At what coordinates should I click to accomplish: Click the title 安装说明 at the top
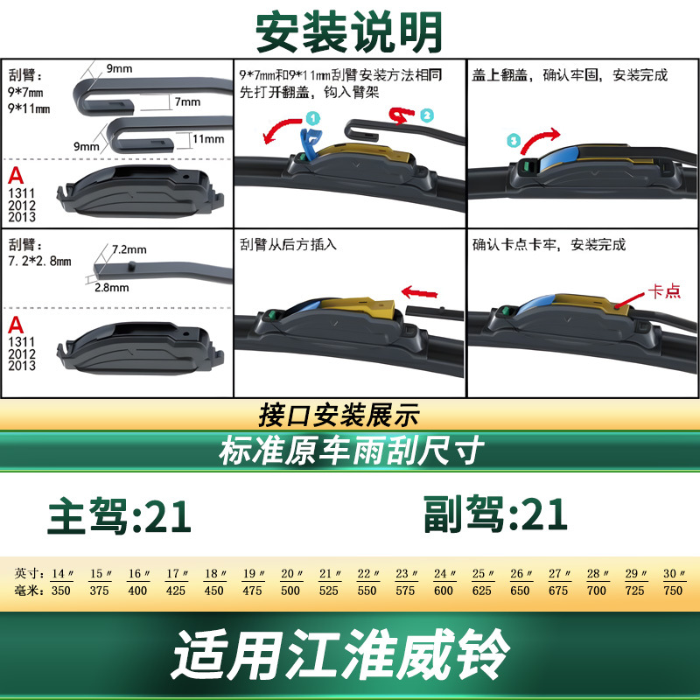348,32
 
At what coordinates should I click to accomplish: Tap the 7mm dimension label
187,101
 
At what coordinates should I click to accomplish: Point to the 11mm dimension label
208,139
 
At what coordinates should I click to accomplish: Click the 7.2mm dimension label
129,249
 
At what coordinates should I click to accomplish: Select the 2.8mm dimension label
112,287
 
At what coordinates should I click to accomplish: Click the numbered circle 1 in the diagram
313,118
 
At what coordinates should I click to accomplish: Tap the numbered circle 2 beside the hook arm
427,115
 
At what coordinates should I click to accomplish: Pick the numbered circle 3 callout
514,140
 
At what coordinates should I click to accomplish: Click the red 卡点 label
664,291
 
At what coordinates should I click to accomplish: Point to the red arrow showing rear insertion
419,292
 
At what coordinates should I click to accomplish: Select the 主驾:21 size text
120,515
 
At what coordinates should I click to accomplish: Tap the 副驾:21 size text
495,514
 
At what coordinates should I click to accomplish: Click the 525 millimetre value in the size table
328,591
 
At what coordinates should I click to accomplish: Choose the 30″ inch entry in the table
674,574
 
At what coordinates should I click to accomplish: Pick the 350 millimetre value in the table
60,591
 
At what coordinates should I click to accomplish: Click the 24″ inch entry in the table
444,574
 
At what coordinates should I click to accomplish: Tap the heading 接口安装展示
339,415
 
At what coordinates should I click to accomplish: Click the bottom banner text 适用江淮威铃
340,654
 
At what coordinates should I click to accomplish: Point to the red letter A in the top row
16,176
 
